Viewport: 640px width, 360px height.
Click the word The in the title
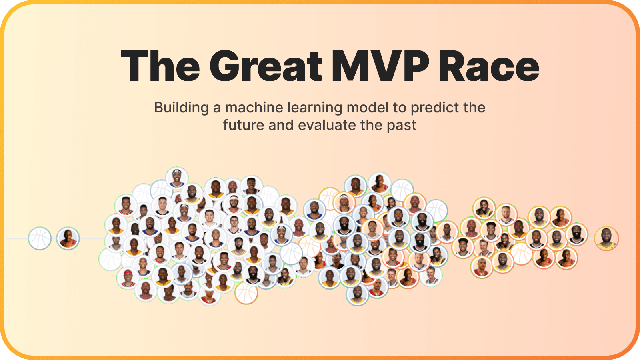(160, 66)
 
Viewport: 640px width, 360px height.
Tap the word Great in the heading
(266, 66)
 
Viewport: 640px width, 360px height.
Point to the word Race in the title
(489, 66)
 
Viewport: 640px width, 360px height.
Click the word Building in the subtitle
(181, 108)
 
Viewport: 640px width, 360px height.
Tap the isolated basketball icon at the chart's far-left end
(40, 238)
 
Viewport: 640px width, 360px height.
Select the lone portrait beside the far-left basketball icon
(68, 238)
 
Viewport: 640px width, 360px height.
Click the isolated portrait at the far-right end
(606, 238)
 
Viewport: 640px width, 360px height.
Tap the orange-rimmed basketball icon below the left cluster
(246, 293)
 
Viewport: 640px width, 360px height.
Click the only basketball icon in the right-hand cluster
(521, 254)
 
